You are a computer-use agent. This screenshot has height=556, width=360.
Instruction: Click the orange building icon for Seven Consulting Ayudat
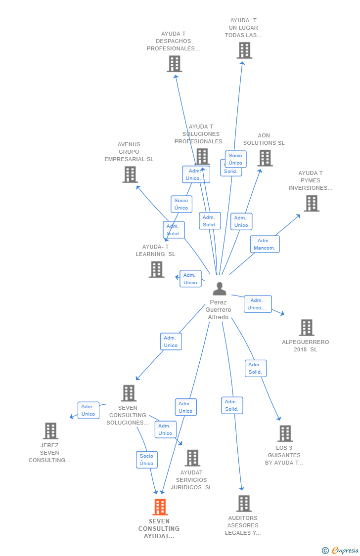pyautogui.click(x=160, y=507)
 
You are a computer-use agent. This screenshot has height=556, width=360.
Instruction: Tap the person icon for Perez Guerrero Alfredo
pyautogui.click(x=219, y=289)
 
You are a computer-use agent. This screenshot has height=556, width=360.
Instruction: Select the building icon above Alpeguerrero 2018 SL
pyautogui.click(x=307, y=327)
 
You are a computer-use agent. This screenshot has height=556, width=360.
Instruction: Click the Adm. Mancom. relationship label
pyautogui.click(x=265, y=244)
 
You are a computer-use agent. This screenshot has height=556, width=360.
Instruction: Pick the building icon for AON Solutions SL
pyautogui.click(x=265, y=158)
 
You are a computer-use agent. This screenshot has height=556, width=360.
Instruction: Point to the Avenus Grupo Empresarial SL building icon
pyautogui.click(x=130, y=174)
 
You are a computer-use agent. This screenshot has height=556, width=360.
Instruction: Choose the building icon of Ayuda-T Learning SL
pyautogui.click(x=156, y=269)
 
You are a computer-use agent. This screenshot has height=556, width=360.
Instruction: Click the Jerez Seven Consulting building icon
pyautogui.click(x=50, y=431)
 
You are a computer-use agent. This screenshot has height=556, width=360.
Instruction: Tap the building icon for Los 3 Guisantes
pyautogui.click(x=285, y=433)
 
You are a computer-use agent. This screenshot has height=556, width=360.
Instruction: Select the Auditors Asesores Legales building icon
pyautogui.click(x=243, y=504)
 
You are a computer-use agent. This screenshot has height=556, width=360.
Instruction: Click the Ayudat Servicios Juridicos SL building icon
pyautogui.click(x=192, y=458)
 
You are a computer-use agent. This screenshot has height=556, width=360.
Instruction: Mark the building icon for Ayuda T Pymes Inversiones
pyautogui.click(x=311, y=203)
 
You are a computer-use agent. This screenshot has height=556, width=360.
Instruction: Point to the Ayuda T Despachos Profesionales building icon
pyautogui.click(x=174, y=64)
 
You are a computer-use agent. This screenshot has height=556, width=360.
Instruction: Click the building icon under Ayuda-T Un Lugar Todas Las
pyautogui.click(x=244, y=50)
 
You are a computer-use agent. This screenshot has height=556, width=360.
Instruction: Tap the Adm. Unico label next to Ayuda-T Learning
pyautogui.click(x=190, y=279)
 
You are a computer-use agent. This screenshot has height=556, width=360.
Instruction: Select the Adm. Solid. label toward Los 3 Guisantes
pyautogui.click(x=255, y=368)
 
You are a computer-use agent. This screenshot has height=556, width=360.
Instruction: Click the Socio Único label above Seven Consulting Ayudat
pyautogui.click(x=146, y=460)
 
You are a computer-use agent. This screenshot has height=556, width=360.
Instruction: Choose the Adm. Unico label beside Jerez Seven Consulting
pyautogui.click(x=88, y=410)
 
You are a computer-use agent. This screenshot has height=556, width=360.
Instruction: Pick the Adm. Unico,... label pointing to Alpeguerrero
pyautogui.click(x=258, y=304)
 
